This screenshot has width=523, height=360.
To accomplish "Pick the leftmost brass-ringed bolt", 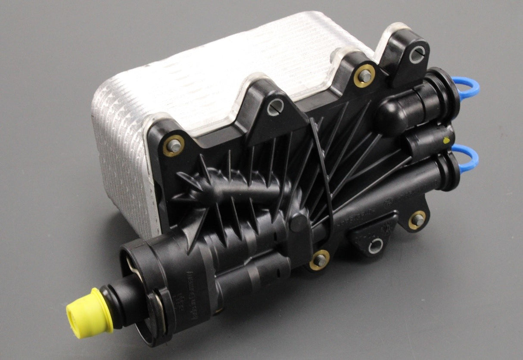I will pyautogui.click(x=174, y=146).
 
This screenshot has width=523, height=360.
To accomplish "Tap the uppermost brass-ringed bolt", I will pyautogui.click(x=364, y=75).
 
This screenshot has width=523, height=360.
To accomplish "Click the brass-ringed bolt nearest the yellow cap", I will pyautogui.click(x=319, y=260).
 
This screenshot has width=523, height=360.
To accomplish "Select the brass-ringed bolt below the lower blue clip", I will pyautogui.click(x=417, y=220).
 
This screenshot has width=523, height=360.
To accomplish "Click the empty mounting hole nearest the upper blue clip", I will pyautogui.click(x=417, y=55).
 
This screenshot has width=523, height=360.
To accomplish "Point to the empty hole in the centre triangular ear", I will pyautogui.click(x=275, y=107).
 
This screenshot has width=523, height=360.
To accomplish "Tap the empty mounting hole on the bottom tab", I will pyautogui.click(x=376, y=246).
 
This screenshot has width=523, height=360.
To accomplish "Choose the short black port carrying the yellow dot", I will pyautogui.click(x=431, y=140).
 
